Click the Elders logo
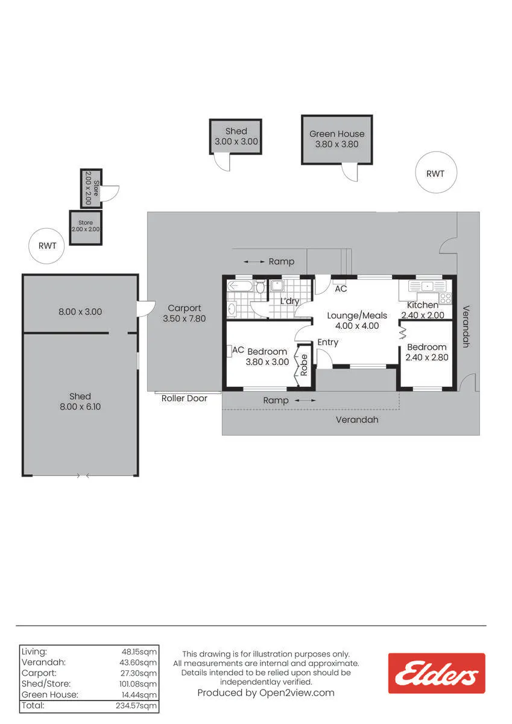point(437,673)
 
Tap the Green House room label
point(337,134)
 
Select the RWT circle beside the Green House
point(436,173)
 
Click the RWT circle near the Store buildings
point(46,246)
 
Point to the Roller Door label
point(184,398)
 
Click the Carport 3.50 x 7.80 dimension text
point(184,319)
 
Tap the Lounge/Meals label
point(357,316)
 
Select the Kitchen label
point(423,305)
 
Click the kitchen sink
point(427,286)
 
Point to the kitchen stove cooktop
point(446,298)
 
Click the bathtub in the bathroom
point(240,286)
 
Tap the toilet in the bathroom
point(261,287)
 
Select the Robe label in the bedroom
point(304,365)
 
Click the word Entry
point(327,342)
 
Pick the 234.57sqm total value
point(136,705)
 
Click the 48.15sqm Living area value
point(139,652)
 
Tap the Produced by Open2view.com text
point(266,693)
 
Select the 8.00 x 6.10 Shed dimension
point(80,407)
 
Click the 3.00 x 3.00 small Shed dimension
point(236,141)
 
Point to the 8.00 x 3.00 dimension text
point(80,311)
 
